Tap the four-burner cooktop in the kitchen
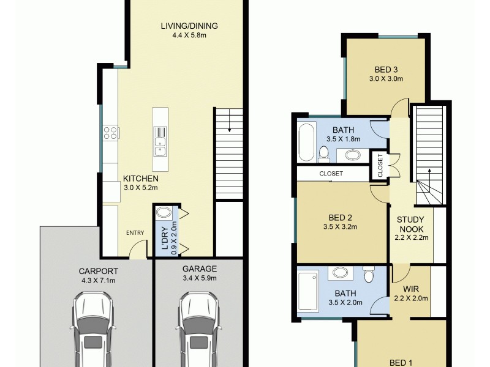(110, 133)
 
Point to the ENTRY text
(135, 232)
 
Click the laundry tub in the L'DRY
(164, 214)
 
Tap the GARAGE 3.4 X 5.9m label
(199, 273)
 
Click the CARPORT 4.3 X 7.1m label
(98, 276)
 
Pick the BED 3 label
(386, 73)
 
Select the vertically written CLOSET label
(380, 165)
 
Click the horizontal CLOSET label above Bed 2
(331, 174)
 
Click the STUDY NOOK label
(412, 224)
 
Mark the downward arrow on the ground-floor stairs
(228, 128)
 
